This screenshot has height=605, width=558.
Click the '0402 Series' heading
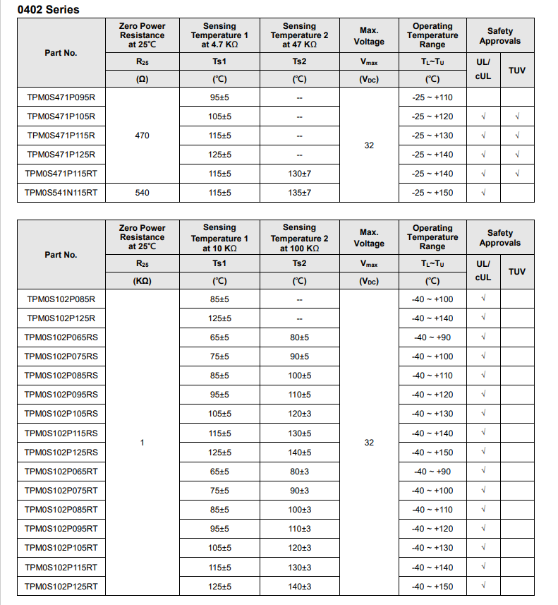[49, 10]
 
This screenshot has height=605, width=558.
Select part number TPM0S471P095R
[61, 97]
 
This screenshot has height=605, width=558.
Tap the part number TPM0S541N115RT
[61, 193]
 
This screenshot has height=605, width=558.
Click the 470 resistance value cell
[142, 136]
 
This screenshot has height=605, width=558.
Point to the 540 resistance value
[142, 193]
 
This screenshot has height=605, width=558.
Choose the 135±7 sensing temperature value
[299, 193]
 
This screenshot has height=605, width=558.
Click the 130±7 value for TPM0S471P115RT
[299, 174]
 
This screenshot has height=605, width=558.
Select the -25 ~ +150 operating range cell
[432, 193]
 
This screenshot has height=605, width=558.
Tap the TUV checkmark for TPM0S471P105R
[517, 116]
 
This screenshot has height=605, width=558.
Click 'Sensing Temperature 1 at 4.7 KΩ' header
[219, 35]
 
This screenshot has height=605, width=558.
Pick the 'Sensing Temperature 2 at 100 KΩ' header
[299, 238]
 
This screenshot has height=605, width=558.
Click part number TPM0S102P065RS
[61, 337]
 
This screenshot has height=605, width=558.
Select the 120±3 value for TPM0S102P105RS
[299, 414]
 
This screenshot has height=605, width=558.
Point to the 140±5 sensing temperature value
[299, 453]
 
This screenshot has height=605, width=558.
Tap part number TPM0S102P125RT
[61, 586]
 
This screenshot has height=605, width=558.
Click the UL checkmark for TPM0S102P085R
[483, 299]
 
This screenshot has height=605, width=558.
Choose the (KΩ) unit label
[142, 281]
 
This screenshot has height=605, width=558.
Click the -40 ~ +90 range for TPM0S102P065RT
[432, 472]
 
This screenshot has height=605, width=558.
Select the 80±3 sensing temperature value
[299, 472]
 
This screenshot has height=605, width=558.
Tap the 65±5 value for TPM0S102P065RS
[219, 337]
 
